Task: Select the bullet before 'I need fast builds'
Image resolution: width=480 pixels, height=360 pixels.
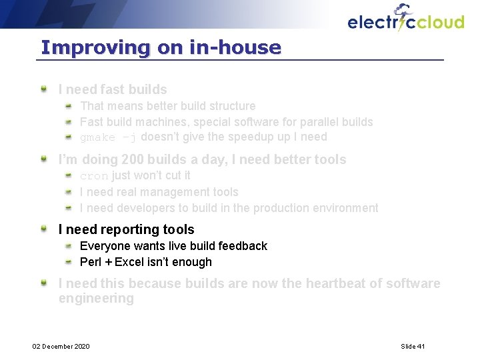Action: [43, 88]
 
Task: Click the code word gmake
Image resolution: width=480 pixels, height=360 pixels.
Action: [98, 137]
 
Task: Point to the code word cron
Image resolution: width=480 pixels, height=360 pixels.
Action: [93, 176]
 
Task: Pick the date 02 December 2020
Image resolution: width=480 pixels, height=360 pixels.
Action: [61, 346]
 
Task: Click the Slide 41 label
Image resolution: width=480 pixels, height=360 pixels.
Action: [413, 346]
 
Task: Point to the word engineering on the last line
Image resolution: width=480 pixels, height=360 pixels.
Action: [96, 299]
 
